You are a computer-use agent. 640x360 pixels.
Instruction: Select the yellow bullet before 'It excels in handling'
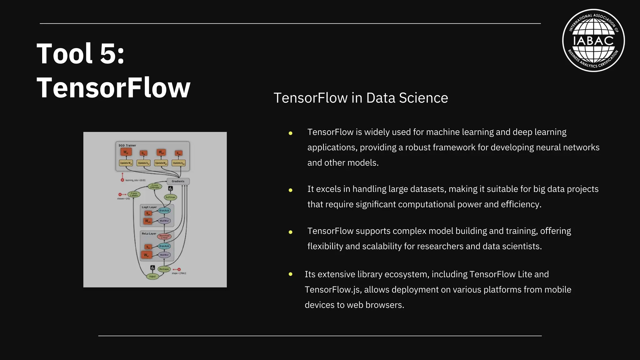(290, 190)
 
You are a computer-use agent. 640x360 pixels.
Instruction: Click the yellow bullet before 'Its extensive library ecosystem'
(290, 274)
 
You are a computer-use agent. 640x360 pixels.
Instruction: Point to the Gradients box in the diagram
(178, 181)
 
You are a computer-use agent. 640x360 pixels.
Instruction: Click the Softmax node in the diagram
(170, 197)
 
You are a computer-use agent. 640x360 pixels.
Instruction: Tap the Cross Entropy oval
(155, 186)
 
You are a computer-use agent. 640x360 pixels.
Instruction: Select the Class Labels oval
(134, 194)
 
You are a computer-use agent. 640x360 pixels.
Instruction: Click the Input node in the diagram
(152, 276)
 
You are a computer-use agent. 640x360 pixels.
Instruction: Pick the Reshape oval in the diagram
(164, 269)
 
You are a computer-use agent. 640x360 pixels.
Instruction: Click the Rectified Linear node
(164, 237)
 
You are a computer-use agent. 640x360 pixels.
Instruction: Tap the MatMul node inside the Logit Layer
(164, 221)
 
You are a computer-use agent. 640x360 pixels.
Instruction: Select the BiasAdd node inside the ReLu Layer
(164, 246)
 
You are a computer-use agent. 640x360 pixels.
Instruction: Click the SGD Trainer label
(127, 145)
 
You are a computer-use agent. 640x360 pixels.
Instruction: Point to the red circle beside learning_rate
(122, 180)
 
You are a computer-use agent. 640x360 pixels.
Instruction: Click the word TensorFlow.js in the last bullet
(333, 290)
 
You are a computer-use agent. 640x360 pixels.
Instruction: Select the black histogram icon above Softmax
(170, 188)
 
